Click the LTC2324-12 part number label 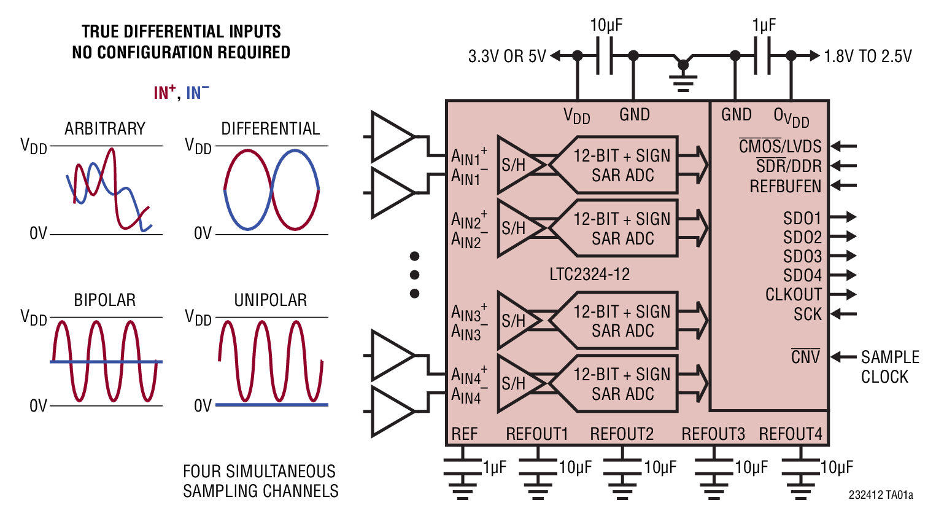tap(589, 274)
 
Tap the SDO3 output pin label tap(802, 256)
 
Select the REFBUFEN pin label tap(785, 186)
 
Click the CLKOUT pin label tap(793, 295)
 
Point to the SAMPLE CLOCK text tap(889, 367)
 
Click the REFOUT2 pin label tap(621, 434)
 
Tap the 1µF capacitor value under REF tap(495, 467)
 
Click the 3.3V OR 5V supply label tap(507, 57)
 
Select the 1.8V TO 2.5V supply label tap(867, 57)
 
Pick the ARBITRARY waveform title tap(105, 129)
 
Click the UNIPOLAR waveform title tap(270, 300)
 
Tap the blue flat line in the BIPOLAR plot tap(106, 362)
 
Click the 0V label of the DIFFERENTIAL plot tap(203, 234)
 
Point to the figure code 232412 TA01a tap(881, 495)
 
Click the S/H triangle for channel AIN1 tap(516, 165)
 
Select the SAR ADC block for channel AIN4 tap(622, 384)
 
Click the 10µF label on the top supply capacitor tap(606, 25)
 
